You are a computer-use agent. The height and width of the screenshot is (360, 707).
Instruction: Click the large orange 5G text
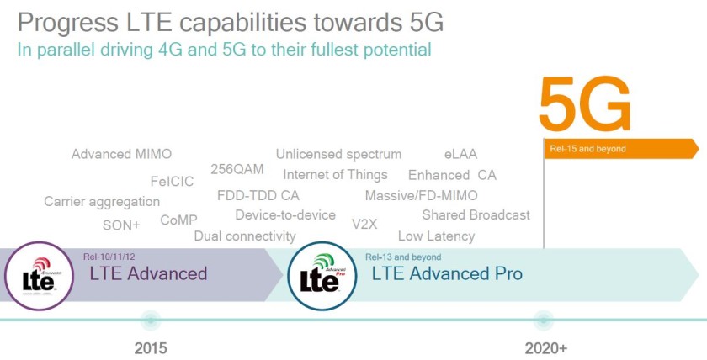[x=584, y=104]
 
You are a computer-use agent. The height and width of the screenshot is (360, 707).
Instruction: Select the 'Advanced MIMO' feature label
[x=121, y=154]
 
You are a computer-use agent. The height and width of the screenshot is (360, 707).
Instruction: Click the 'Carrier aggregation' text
[x=102, y=201]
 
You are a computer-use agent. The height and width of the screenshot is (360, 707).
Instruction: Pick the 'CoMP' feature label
[x=178, y=220]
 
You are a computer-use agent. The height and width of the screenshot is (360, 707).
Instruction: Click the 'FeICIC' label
[x=172, y=181]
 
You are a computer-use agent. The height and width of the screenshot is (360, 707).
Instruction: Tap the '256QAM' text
[x=237, y=169]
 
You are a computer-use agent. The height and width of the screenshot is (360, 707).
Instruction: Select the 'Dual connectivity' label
[x=244, y=236]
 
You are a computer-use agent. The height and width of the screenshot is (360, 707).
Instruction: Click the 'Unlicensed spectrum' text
[x=338, y=154]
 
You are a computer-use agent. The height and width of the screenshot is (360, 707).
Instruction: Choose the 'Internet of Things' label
[x=335, y=174]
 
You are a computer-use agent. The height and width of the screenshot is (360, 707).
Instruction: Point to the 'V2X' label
[x=364, y=224]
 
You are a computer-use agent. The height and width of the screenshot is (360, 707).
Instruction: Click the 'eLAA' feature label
[x=460, y=154]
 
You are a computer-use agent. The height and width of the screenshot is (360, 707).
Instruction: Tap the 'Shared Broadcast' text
[x=476, y=214]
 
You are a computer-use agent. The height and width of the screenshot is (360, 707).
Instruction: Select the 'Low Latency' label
[x=436, y=236]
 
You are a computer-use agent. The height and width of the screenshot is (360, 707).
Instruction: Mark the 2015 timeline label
[x=151, y=347]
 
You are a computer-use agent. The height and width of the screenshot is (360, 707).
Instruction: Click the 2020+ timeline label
[x=545, y=347]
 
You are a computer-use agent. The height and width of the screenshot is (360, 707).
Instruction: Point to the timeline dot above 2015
[x=151, y=320]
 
